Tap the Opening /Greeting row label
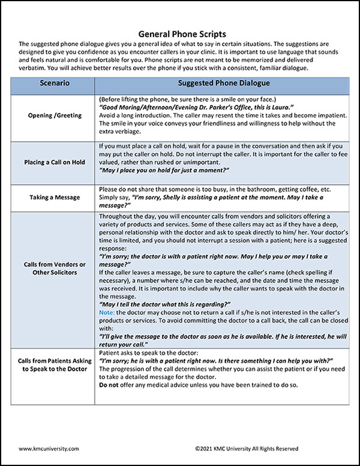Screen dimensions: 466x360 point(55,115)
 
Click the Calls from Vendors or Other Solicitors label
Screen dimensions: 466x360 point(55,268)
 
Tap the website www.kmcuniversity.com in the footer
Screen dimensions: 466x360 point(49,448)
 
